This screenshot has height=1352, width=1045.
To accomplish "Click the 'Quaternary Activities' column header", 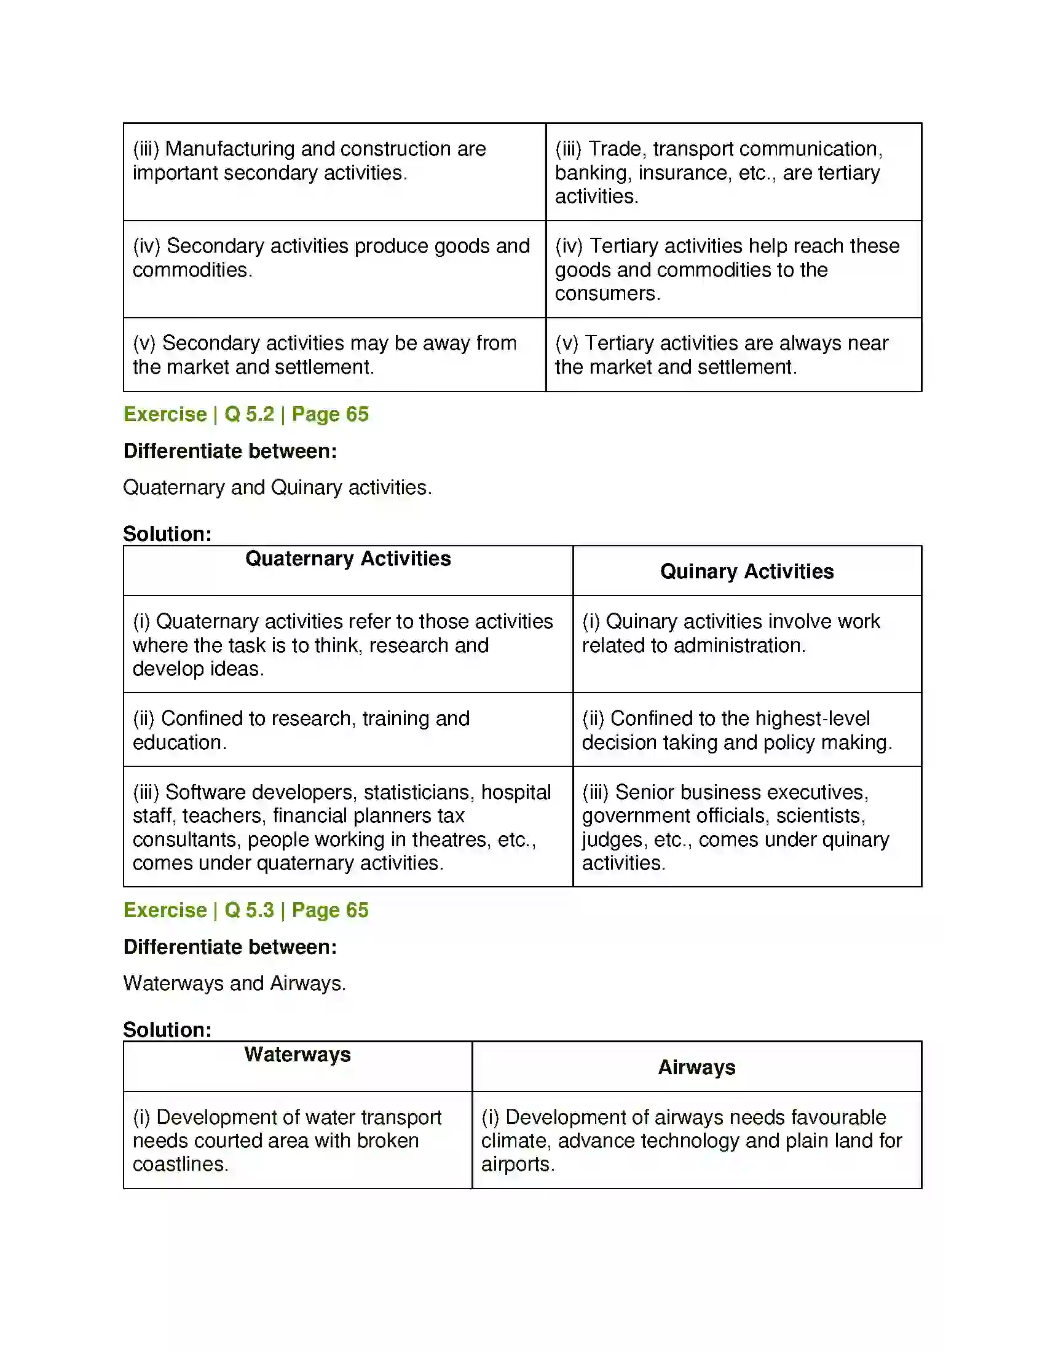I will click(348, 559).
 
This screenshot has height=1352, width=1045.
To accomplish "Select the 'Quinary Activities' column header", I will click(747, 571).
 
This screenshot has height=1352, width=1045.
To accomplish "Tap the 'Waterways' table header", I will click(297, 1054).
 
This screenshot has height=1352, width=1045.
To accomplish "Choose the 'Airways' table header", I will click(696, 1067).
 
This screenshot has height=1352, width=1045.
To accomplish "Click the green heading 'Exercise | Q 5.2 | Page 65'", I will click(246, 414).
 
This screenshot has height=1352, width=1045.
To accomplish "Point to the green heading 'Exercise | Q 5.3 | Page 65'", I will click(246, 910).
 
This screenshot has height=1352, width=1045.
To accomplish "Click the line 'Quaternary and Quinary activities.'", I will click(277, 487).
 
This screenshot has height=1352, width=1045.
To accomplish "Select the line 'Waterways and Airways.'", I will click(234, 983).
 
